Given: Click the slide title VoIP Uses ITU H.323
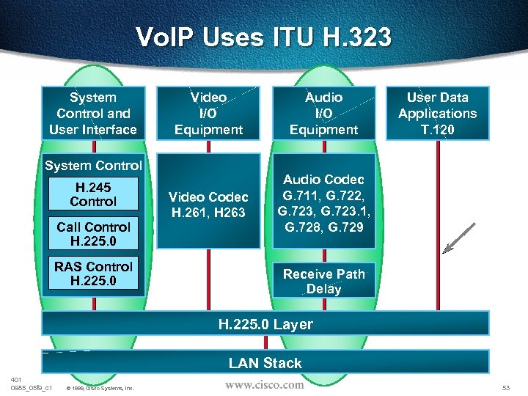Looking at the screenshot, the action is (264, 37).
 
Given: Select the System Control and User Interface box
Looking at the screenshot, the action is (93, 114).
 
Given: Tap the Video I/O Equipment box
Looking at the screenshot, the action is (208, 114).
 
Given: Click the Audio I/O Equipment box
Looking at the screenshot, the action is (323, 114).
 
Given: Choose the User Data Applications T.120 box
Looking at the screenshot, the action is (437, 114).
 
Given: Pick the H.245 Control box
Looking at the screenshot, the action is (93, 194).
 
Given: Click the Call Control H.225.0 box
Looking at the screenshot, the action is (93, 234).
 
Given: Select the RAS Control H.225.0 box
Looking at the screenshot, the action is (93, 274).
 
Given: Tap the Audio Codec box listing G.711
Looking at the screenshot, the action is (323, 201).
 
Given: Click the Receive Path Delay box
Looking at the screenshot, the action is (323, 281).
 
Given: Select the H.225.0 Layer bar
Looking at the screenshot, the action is (265, 324).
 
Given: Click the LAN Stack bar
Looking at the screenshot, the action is (265, 362).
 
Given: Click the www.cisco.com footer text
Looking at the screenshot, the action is (264, 384).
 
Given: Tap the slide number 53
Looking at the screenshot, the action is (505, 386).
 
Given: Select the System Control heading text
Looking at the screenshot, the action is (93, 166).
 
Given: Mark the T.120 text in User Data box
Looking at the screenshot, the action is (437, 130).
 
